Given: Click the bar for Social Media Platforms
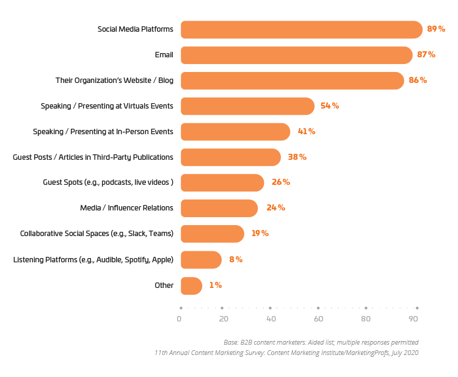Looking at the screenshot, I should [x=301, y=29].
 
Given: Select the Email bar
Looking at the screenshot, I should [x=296, y=55].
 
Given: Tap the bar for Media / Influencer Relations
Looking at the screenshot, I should [x=219, y=208].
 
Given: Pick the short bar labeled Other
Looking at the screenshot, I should [x=191, y=285].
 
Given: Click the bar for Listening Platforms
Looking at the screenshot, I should [x=201, y=260].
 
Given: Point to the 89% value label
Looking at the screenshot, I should [x=436, y=29].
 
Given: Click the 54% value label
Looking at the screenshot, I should [x=330, y=106].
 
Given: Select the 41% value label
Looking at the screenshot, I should [x=306, y=132].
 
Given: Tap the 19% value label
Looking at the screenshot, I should [x=260, y=234].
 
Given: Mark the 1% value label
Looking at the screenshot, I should [x=215, y=285].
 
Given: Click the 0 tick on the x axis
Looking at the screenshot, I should [x=179, y=319].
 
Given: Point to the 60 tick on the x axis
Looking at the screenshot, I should [x=318, y=319].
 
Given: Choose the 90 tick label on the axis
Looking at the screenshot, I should [x=413, y=319].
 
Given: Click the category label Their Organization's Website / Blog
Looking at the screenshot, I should [x=114, y=81].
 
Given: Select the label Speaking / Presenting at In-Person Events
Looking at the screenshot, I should [x=103, y=132].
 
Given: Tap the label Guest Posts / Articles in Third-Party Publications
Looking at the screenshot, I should [x=93, y=157].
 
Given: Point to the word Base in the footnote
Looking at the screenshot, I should [x=233, y=342].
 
